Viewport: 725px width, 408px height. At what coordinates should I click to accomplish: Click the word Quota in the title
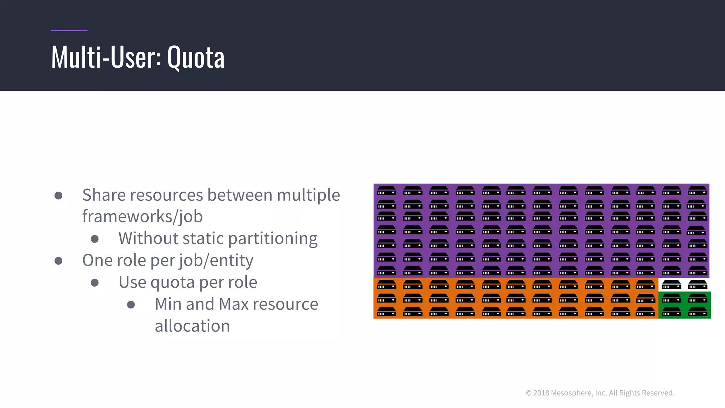(x=196, y=57)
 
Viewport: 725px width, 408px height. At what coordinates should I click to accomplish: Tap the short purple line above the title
(x=69, y=30)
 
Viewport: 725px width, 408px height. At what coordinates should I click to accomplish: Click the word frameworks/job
(x=142, y=216)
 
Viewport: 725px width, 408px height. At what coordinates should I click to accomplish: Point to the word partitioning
(x=273, y=239)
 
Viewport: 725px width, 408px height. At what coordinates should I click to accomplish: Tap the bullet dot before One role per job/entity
(x=59, y=261)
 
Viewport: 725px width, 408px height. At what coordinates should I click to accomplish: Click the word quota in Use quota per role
(x=172, y=283)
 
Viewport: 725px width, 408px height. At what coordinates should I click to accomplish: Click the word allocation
(x=192, y=326)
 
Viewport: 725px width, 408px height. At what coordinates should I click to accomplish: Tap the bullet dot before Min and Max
(x=131, y=305)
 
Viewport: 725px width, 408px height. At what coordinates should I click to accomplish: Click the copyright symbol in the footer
(x=529, y=393)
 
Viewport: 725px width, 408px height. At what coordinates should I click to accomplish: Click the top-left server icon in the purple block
(x=387, y=191)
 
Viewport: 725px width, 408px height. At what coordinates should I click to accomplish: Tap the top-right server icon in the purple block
(x=697, y=191)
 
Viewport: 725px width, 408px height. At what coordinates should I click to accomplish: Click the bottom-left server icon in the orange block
(x=387, y=312)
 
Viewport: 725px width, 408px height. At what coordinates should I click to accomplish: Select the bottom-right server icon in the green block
(x=697, y=312)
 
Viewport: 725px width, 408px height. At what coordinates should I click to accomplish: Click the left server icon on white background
(x=671, y=285)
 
